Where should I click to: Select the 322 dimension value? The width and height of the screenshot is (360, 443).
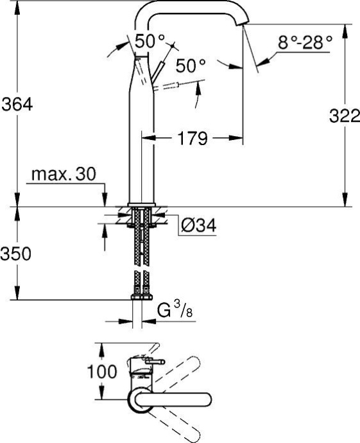pyautogui.click(x=340, y=116)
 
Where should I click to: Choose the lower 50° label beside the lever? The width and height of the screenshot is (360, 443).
pyautogui.click(x=190, y=66)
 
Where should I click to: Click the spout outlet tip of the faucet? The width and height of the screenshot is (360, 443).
pyautogui.click(x=243, y=24)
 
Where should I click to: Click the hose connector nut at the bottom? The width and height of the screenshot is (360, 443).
pyautogui.click(x=141, y=297)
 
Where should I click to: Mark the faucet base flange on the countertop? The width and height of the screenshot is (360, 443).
pyautogui.click(x=141, y=205)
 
